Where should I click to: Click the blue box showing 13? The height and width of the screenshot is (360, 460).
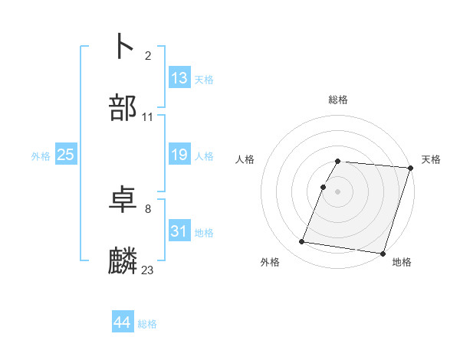click(x=179, y=78)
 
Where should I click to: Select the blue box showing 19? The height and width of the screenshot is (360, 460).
click(x=179, y=155)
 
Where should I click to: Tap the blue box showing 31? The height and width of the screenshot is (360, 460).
click(x=179, y=231)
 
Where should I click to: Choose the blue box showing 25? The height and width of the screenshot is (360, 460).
click(x=66, y=155)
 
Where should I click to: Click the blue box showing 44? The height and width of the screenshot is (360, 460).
click(x=123, y=323)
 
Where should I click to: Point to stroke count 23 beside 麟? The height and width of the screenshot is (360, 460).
click(x=148, y=270)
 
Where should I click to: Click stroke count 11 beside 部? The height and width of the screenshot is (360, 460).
click(x=148, y=116)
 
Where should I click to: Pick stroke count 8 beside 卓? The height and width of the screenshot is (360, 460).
click(x=148, y=208)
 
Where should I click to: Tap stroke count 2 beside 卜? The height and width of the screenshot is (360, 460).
click(x=148, y=55)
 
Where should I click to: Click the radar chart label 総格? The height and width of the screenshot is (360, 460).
click(x=337, y=100)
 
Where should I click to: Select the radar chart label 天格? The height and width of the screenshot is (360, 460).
click(x=431, y=159)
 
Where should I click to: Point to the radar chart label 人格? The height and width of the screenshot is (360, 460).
click(x=245, y=159)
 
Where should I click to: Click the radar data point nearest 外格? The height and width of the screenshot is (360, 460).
click(x=302, y=242)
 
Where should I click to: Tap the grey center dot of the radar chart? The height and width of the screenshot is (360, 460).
click(x=337, y=191)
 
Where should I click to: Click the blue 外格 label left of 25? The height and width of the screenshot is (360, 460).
click(x=41, y=155)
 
